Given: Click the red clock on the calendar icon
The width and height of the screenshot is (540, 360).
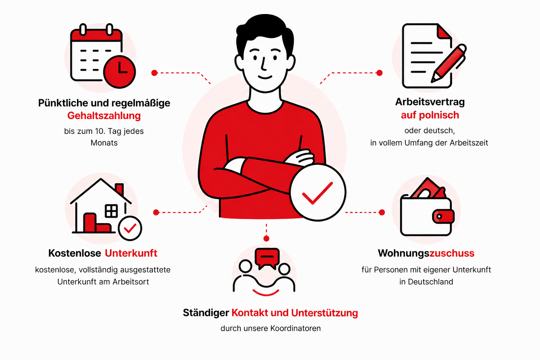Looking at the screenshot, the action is [120, 72].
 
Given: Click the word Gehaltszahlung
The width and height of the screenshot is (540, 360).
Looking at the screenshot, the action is [104, 116].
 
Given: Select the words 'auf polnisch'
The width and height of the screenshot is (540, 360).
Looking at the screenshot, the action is [430, 115].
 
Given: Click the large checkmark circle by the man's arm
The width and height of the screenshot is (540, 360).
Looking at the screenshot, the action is [318, 192].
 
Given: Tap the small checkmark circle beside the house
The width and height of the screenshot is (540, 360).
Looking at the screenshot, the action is [130, 229].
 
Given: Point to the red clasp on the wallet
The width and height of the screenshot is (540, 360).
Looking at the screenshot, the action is [443, 216].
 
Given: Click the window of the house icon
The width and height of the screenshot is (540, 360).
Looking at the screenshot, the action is [111, 211].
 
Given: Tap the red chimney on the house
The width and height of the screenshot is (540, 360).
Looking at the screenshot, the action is [119, 189].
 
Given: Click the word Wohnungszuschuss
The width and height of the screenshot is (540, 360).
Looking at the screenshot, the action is [426, 253].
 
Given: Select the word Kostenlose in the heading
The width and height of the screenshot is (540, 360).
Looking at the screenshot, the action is [75, 253].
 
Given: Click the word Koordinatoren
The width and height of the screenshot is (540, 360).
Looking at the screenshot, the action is [296, 328].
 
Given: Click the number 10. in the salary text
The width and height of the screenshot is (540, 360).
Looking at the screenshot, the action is [100, 131].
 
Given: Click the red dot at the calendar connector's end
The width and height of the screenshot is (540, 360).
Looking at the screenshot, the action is [154, 73].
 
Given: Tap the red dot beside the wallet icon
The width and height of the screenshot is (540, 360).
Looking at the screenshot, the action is [381, 212].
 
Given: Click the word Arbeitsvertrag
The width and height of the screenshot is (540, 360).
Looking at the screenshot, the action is [430, 102].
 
